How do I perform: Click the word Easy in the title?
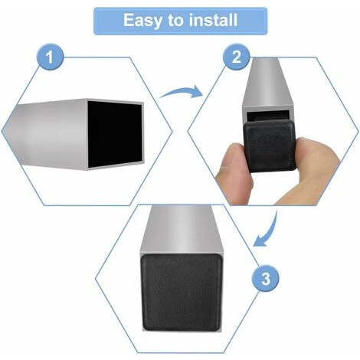142,21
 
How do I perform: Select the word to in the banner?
175,21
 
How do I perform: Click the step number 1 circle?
50,57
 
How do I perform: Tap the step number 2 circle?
236,57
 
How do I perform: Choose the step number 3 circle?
266,278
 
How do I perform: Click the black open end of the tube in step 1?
115,133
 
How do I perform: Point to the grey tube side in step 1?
46,134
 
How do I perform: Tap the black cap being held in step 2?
270,146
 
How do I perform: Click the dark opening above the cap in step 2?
267,116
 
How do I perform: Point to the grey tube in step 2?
267,84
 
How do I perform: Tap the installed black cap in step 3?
182,293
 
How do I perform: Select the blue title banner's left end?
94,21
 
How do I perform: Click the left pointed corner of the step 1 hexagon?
2,132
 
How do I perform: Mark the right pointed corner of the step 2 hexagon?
358,131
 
